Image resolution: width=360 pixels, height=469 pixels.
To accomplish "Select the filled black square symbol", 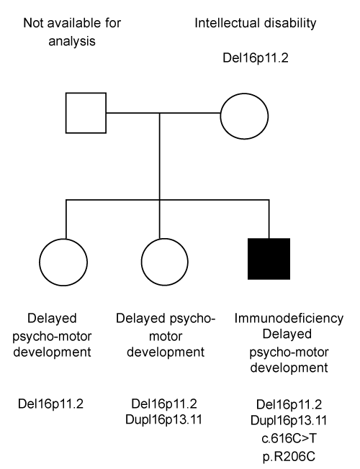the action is (269, 259).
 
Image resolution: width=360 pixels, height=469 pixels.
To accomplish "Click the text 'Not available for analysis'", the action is (72, 32).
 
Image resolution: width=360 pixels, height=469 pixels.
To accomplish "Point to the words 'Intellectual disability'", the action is (255, 23).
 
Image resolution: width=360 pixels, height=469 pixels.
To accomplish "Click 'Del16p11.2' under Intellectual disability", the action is (256, 58).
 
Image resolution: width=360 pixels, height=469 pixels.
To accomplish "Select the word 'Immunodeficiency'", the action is (289, 318).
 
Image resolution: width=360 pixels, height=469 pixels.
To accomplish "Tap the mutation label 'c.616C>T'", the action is (289, 439).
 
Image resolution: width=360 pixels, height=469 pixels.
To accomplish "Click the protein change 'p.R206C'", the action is (289, 457).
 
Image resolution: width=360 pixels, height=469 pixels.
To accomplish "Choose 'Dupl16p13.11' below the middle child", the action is (164, 419).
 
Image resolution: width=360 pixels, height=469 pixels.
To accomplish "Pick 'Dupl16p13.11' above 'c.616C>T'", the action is (289, 421).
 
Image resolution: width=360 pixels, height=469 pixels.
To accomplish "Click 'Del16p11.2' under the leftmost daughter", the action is (50, 404).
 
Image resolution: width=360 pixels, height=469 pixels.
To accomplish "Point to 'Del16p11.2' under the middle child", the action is (164, 404).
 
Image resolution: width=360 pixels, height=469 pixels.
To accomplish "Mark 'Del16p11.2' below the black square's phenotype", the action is (289, 404).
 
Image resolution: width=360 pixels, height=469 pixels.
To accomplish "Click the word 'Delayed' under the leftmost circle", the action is (52, 318).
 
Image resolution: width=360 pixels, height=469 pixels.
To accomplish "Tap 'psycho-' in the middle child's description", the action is (192, 319).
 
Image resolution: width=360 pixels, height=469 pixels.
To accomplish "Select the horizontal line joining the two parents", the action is (163, 113).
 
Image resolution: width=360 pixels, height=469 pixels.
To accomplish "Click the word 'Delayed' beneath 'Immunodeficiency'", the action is (287, 334).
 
